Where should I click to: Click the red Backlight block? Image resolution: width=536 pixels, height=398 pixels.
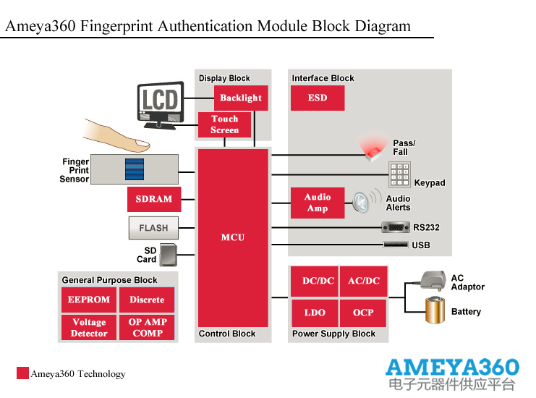[241, 98]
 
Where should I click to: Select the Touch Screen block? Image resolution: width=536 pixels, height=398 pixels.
[224, 124]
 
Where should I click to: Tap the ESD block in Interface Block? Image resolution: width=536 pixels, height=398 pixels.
[318, 98]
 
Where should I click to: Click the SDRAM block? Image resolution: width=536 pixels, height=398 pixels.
[154, 199]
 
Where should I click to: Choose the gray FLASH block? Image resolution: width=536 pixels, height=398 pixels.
[153, 228]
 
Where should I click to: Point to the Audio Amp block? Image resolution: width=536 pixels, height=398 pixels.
[318, 203]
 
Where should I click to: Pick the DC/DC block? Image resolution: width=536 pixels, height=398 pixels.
[318, 281]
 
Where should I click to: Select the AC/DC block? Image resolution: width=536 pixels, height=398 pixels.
[364, 281]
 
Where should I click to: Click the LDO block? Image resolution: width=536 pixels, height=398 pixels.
[315, 313]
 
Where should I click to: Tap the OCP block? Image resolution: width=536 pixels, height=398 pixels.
[363, 313]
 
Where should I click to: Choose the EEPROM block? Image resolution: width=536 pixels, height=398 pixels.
[89, 300]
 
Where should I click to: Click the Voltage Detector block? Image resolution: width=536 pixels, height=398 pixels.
[89, 328]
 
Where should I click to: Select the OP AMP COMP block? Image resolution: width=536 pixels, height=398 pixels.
[148, 328]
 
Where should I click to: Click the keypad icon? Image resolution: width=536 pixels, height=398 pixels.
[400, 174]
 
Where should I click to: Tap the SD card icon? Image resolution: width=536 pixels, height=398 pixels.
[168, 254]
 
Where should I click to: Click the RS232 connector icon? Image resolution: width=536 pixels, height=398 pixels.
[396, 227]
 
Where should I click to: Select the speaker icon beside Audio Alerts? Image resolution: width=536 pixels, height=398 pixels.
[366, 203]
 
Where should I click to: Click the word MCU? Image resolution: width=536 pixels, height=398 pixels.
[233, 237]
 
